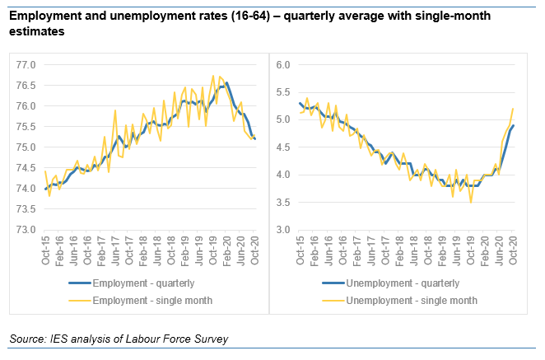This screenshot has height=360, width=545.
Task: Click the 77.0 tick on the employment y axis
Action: tap(27, 64)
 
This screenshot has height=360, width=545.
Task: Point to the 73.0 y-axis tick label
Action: tap(27, 230)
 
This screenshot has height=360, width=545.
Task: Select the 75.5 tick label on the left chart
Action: tap(27, 127)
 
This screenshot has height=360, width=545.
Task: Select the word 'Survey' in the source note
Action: tap(208, 339)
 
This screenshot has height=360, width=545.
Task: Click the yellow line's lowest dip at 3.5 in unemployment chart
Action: tap(471, 202)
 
